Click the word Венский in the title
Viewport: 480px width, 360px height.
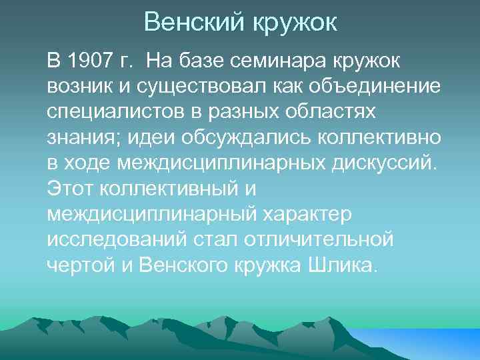pos(194,23)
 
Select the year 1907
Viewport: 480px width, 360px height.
pos(89,63)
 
